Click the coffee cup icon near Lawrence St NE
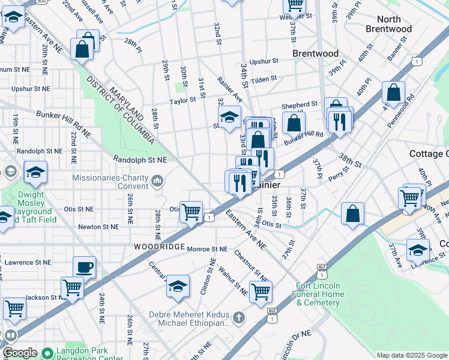84,267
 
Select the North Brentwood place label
388,24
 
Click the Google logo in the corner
19,353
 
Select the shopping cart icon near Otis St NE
191,212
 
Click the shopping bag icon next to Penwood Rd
393,94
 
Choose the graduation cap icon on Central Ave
178,286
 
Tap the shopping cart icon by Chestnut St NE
261,292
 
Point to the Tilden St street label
264,79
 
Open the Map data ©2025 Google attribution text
411,355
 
